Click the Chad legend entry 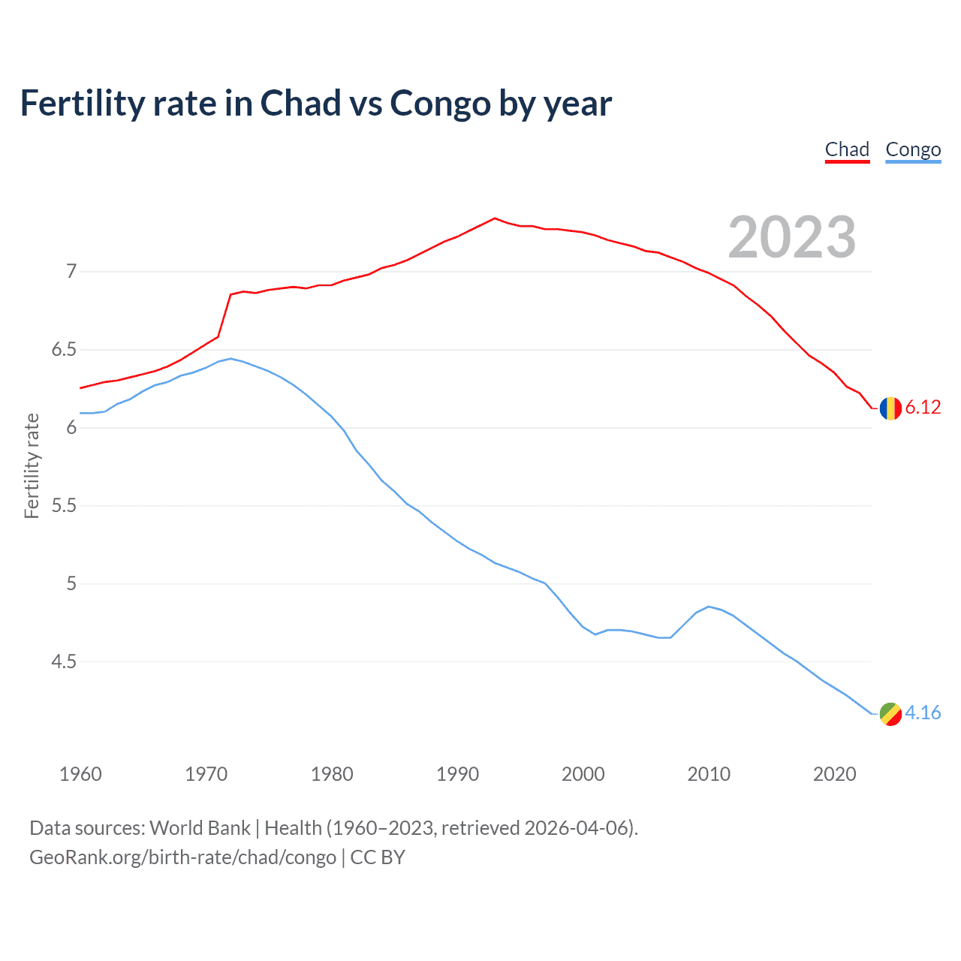tap(847, 149)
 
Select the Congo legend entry tap(913, 149)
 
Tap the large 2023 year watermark tap(791, 237)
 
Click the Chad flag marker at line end tap(890, 408)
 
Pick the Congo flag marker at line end tap(890, 714)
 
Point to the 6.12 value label tap(923, 408)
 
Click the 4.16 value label tap(923, 713)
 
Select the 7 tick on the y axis tap(71, 271)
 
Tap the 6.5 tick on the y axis tap(64, 350)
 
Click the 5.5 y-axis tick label tap(64, 506)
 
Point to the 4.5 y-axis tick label tap(64, 662)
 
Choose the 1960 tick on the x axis tap(80, 774)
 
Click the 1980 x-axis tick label tap(332, 774)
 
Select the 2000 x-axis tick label tap(583, 774)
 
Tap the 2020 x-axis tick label tap(834, 774)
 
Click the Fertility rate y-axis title tap(32, 465)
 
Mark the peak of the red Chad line tap(495, 218)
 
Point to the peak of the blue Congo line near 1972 tap(230, 358)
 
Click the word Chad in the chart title tap(300, 104)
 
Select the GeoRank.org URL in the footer tap(182, 857)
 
